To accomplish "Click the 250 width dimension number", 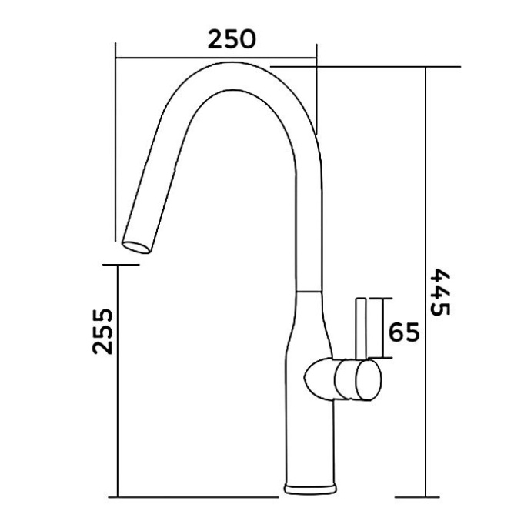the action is tap(232, 39).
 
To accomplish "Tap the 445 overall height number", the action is tap(440, 292).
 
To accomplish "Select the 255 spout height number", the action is tap(102, 331).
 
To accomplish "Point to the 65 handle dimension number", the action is tap(404, 332).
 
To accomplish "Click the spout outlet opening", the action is tap(136, 248).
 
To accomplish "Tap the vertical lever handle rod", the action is tap(361, 329).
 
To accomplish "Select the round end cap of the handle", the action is tap(369, 380).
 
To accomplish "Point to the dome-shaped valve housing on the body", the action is tap(320, 379).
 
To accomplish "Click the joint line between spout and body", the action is tap(309, 291).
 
